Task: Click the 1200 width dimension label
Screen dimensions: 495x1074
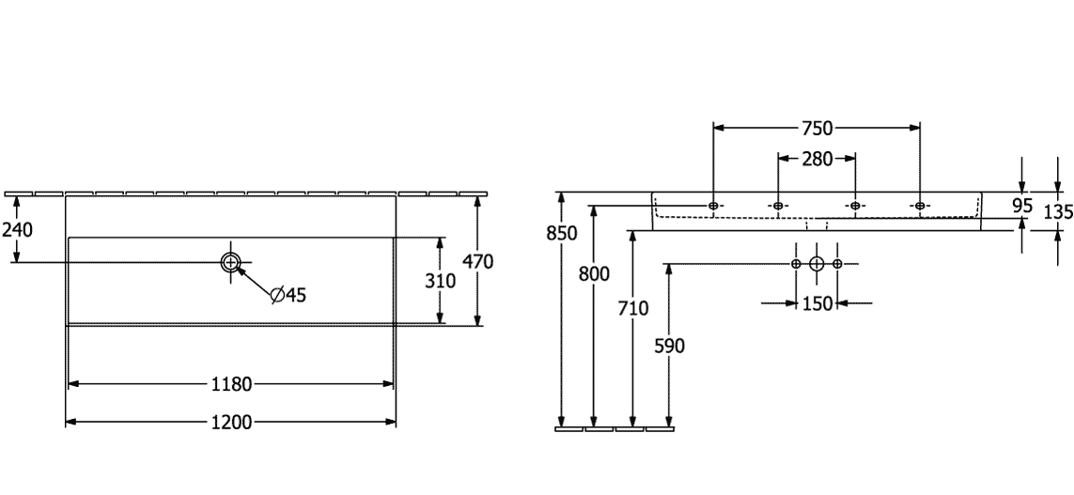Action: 230,422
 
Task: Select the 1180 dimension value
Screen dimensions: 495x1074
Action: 230,383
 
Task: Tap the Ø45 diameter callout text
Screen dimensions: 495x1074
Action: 288,295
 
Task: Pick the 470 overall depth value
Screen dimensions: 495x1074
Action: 478,262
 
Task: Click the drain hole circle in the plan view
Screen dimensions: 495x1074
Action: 231,262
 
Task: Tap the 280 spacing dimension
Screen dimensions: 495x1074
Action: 817,159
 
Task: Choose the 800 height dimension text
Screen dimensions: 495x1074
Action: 594,274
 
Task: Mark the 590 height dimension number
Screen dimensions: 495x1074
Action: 668,347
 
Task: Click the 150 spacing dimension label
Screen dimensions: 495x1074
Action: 817,302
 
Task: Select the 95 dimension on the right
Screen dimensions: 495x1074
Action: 1022,206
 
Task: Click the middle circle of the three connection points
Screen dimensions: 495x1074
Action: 817,264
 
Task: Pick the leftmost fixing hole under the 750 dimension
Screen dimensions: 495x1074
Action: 713,206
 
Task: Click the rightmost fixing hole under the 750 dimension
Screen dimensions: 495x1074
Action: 920,206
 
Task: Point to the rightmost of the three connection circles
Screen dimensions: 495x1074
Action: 838,264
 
